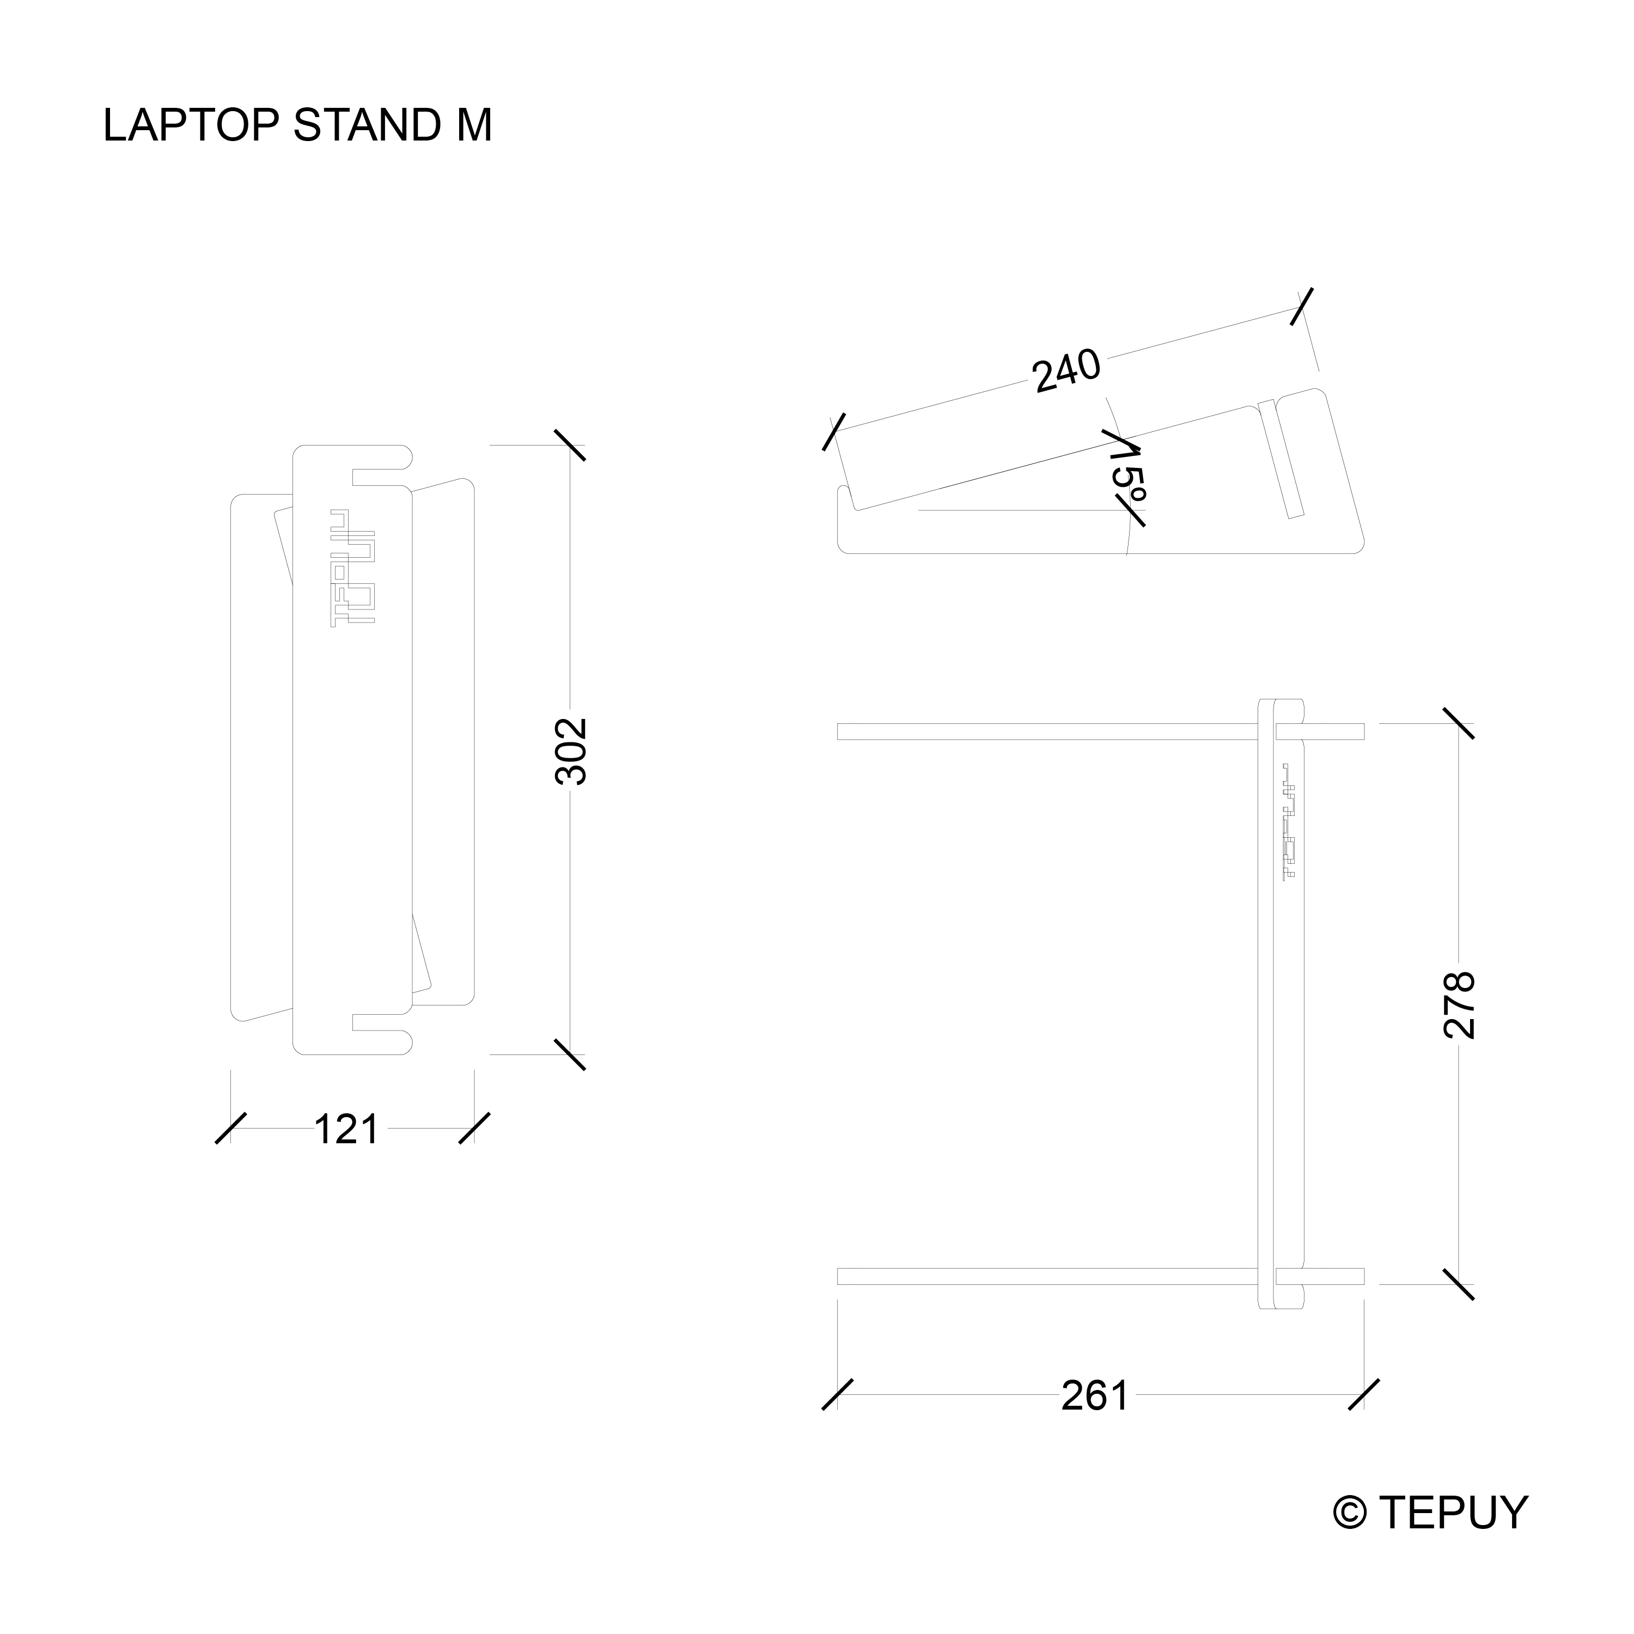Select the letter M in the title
474,125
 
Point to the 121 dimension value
347,1129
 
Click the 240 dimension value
1066,370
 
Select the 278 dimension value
1460,1005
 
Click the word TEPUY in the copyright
1454,1512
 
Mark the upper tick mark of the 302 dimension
570,445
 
